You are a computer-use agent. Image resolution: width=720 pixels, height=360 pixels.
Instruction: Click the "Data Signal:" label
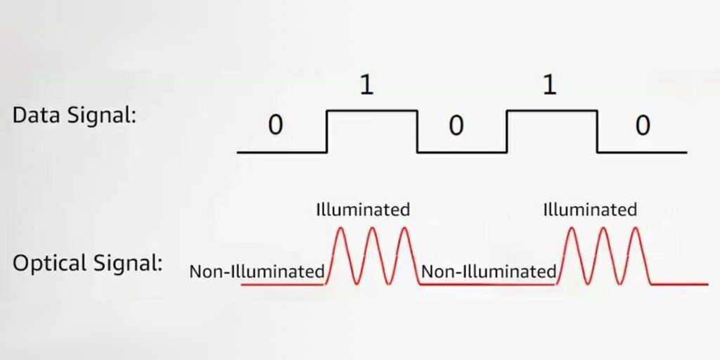point(74,115)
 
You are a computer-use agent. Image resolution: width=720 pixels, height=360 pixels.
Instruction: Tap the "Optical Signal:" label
point(87,264)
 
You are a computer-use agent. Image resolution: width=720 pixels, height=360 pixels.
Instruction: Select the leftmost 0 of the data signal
point(276,126)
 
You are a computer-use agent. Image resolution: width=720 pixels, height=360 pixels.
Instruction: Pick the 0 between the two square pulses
point(456,126)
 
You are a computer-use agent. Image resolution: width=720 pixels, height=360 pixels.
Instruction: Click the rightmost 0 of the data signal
point(643,126)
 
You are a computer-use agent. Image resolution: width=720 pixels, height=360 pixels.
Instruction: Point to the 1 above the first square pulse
point(366,86)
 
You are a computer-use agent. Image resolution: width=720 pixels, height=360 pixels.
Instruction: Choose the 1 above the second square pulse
point(550,86)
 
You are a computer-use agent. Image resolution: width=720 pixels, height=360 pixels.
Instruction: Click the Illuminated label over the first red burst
point(363,209)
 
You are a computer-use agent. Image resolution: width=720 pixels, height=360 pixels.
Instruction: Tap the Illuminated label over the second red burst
point(590,209)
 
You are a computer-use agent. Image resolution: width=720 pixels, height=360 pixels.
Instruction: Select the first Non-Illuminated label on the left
point(257,271)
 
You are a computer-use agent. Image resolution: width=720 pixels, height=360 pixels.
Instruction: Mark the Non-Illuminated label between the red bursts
point(488,271)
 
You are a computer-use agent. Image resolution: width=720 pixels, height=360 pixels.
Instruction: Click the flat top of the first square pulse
point(372,110)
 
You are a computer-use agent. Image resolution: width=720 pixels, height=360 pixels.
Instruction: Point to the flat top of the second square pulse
point(552,110)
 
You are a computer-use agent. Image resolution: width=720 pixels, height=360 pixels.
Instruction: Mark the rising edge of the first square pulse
point(327,131)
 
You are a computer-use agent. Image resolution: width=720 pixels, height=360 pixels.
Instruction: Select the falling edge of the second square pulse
point(598,131)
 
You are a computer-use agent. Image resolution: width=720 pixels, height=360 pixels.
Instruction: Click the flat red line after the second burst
point(678,284)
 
